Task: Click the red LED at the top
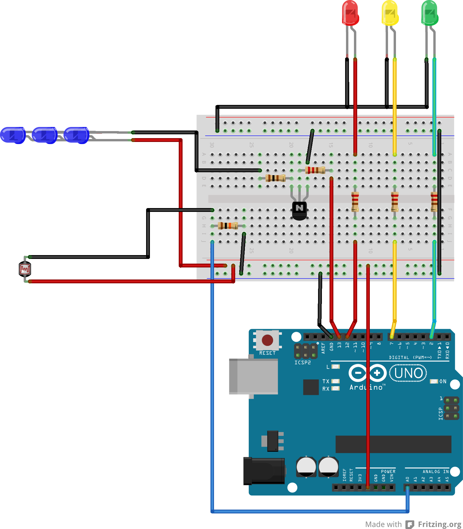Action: (350, 13)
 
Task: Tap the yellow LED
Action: (390, 13)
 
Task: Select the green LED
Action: (429, 13)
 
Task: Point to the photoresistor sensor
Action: (25, 269)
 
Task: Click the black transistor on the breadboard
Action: (299, 210)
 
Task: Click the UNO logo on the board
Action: (408, 373)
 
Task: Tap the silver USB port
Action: (253, 376)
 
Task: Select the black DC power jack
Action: (264, 471)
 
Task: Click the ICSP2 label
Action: (302, 363)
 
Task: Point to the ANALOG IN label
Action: (435, 471)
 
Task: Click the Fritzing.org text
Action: (439, 524)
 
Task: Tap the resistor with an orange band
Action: (228, 226)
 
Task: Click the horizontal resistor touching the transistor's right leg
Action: (315, 170)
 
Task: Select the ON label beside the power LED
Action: (443, 381)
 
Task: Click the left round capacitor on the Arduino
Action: (306, 467)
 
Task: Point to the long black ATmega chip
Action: (393, 444)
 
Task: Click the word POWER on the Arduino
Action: (388, 471)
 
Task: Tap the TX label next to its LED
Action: (326, 381)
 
